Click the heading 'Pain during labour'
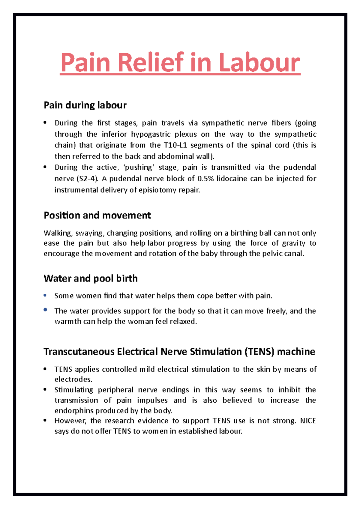click(85, 105)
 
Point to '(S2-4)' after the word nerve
click(88, 179)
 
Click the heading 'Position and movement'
click(97, 215)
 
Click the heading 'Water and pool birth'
click(91, 278)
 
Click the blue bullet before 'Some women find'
click(45, 296)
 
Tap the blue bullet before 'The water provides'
click(45, 310)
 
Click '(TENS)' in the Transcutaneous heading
click(259, 352)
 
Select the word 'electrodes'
click(73, 380)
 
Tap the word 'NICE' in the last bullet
click(308, 421)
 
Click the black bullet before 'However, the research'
click(45, 421)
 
